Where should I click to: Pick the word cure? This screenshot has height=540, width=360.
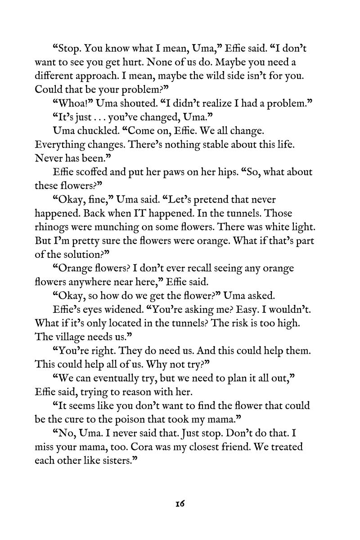pyautogui.click(x=74, y=419)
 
